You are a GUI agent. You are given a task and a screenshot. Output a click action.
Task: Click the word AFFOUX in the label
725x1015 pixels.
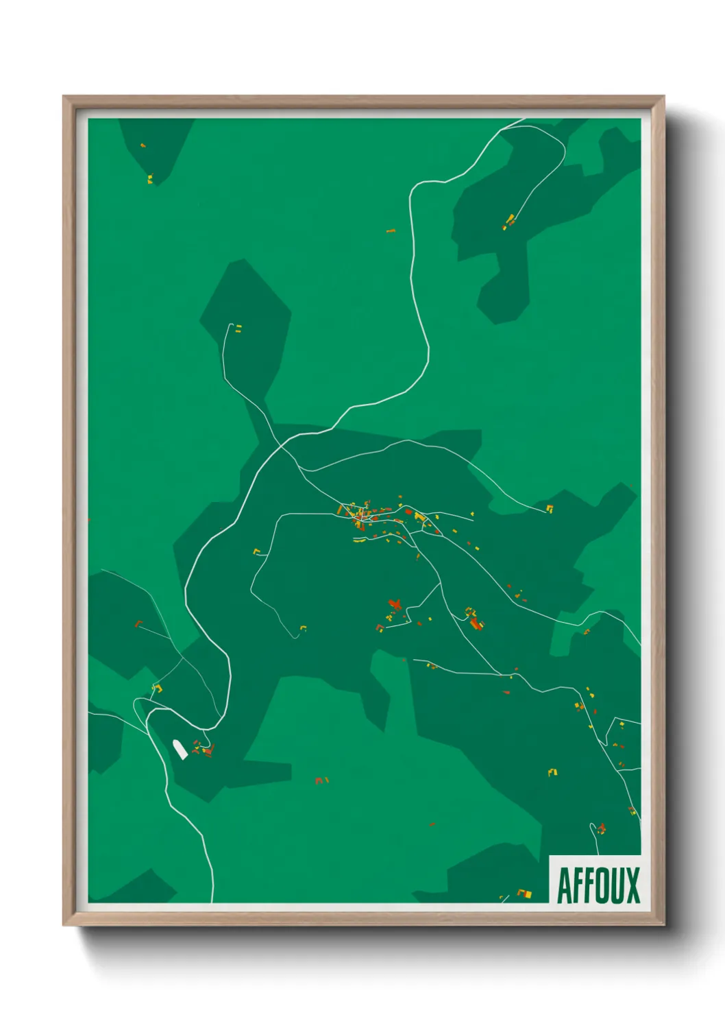598,885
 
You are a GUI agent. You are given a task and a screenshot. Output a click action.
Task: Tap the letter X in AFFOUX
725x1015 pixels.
632,885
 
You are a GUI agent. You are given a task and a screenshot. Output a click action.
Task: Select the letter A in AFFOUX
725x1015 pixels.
565,885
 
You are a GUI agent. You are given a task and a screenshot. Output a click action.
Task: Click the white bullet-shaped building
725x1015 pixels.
180,750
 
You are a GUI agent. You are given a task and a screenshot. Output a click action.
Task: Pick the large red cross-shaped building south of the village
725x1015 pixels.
394,604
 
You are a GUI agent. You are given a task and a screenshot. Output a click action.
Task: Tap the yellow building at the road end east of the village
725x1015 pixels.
549,508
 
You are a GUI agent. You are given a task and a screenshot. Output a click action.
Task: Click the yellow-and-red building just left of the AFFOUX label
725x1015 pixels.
526,894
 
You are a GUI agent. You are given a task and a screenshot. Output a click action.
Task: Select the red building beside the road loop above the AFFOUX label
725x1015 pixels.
602,828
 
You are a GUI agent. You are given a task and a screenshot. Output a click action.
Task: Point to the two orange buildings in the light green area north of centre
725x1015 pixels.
391,231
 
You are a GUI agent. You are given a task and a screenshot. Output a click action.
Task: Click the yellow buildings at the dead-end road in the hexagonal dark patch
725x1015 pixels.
238,329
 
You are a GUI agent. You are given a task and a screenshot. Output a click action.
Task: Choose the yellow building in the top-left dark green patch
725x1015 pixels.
149,179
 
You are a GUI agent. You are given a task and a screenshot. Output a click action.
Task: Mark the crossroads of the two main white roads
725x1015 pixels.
281,445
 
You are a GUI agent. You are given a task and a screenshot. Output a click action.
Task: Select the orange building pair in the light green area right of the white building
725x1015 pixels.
321,780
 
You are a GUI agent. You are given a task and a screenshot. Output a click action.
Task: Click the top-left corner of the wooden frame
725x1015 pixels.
64,97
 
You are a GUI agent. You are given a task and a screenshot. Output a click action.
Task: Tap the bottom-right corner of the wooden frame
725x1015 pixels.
663,925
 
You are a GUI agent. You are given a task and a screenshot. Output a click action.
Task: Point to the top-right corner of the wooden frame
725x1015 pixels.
663,97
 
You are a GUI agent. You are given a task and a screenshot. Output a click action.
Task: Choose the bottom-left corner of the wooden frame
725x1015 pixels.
64,925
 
